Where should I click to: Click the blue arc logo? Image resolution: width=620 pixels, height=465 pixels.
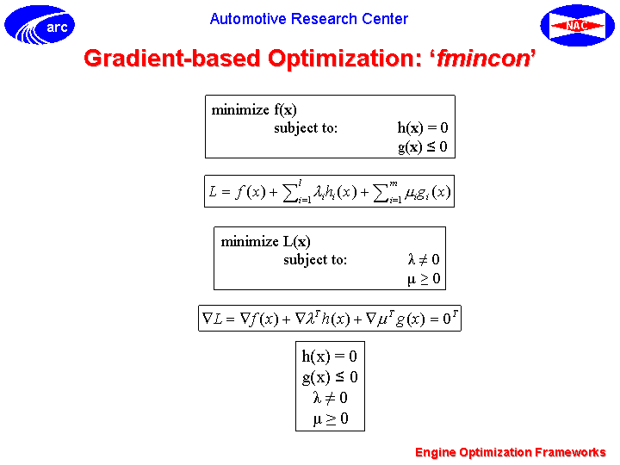pos(40,25)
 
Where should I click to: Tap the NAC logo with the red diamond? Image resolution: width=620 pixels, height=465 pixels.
pos(577,25)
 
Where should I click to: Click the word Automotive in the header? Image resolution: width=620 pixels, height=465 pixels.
pos(248,19)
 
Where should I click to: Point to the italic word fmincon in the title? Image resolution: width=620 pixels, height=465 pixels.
pos(483,59)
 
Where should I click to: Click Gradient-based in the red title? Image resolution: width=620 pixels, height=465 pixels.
pos(172,59)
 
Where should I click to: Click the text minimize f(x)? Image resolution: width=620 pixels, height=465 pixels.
pos(254,110)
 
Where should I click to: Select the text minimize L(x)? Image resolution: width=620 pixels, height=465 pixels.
pos(265,242)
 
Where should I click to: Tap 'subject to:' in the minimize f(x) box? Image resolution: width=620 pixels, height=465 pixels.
pos(306,128)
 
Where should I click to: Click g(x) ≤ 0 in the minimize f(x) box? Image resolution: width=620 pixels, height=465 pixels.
pos(422,147)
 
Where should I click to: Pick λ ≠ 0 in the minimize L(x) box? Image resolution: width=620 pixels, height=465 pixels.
pos(424,260)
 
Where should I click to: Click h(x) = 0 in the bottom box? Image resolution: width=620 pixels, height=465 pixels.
pos(329,356)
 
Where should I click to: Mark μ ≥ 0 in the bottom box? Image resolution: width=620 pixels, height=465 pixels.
pos(331,418)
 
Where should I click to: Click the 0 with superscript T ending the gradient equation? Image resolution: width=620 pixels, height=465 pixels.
pos(450,317)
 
